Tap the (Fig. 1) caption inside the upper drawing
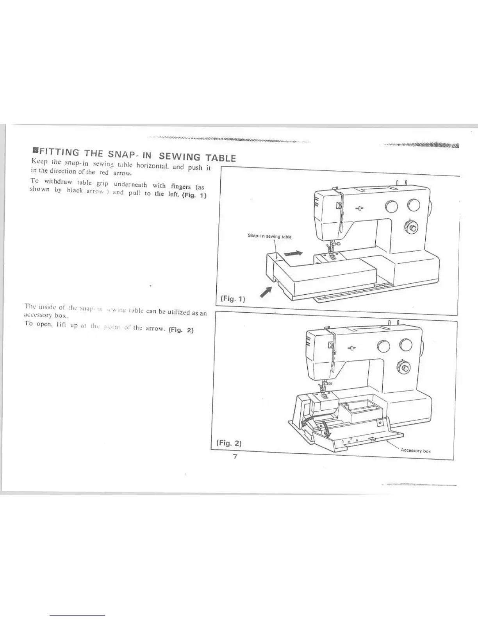click(x=233, y=299)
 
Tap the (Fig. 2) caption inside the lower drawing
click(x=229, y=443)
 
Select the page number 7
click(x=235, y=457)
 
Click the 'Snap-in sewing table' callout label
click(x=269, y=236)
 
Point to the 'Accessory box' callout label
click(x=416, y=451)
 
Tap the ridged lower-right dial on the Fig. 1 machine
click(x=410, y=226)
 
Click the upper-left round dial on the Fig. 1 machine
click(x=391, y=206)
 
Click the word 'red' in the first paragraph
click(x=104, y=172)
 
